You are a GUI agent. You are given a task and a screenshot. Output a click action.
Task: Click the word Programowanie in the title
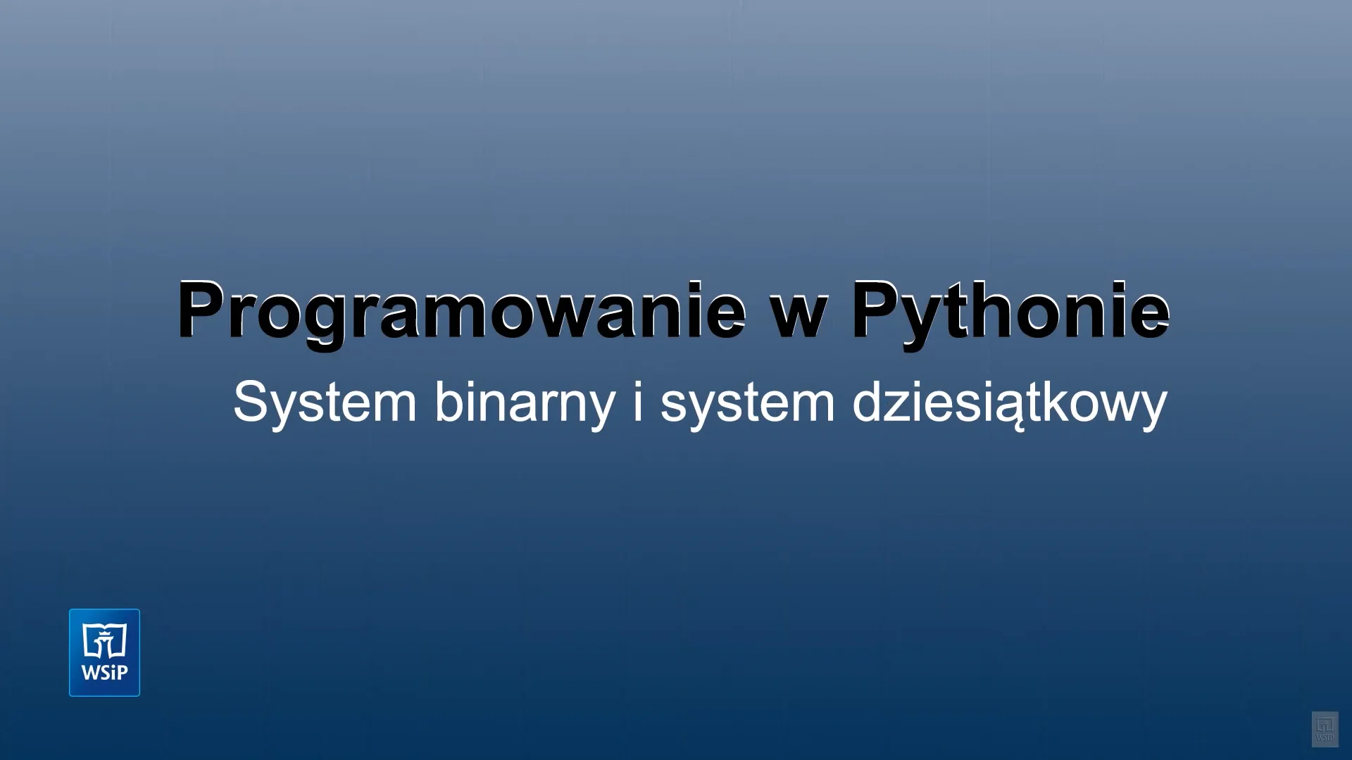461,312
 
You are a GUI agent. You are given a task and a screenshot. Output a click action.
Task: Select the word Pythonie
1010,313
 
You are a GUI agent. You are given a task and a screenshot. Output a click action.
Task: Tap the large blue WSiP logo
104,652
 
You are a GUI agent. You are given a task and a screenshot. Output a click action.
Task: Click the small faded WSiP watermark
1325,729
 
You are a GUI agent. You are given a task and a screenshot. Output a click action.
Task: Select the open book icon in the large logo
104,640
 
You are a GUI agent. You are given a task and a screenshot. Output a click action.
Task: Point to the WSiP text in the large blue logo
104,673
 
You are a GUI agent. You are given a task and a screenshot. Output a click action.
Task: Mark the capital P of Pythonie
880,310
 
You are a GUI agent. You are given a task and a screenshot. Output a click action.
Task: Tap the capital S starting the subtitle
251,401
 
